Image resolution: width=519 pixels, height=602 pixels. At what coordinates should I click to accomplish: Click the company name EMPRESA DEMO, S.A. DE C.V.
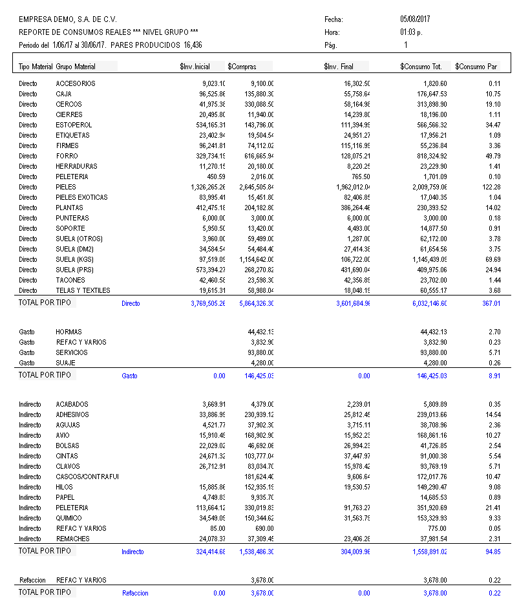[59, 19]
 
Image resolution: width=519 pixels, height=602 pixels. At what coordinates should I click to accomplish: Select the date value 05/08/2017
[415, 19]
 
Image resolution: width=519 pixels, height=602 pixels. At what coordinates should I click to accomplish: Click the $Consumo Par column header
[476, 67]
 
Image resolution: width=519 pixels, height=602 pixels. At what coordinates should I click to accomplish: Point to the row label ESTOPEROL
[74, 125]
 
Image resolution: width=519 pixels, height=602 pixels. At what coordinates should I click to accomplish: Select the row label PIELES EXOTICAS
[81, 197]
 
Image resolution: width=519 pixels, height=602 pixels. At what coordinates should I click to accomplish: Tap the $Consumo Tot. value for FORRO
[424, 156]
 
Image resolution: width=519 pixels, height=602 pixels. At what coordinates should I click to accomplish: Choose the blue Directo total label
[131, 303]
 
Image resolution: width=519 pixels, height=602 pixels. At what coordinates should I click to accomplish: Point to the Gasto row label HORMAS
[69, 332]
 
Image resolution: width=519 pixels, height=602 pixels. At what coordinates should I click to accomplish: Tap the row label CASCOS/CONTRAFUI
[87, 477]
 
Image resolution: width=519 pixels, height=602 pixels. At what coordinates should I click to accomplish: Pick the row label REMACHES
[72, 539]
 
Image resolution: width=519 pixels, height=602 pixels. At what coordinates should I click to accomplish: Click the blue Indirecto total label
[132, 552]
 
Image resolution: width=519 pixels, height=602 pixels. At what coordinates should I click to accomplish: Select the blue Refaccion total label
[135, 593]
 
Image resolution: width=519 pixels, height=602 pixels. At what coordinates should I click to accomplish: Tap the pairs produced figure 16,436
[197, 45]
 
